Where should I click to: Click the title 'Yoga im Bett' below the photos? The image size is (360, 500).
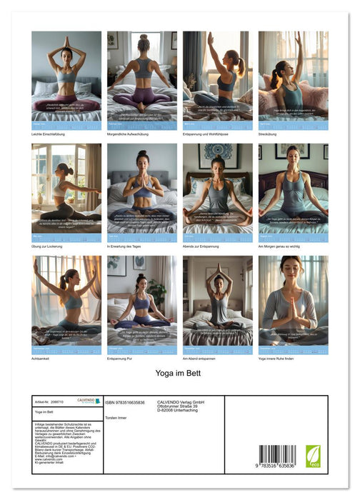click(179, 373)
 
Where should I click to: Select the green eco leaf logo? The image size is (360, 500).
click(313, 456)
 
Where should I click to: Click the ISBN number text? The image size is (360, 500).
click(125, 402)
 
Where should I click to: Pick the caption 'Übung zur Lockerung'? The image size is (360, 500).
click(49, 246)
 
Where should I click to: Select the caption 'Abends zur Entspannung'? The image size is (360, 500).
click(204, 246)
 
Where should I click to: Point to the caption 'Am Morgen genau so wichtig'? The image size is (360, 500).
click(281, 246)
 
